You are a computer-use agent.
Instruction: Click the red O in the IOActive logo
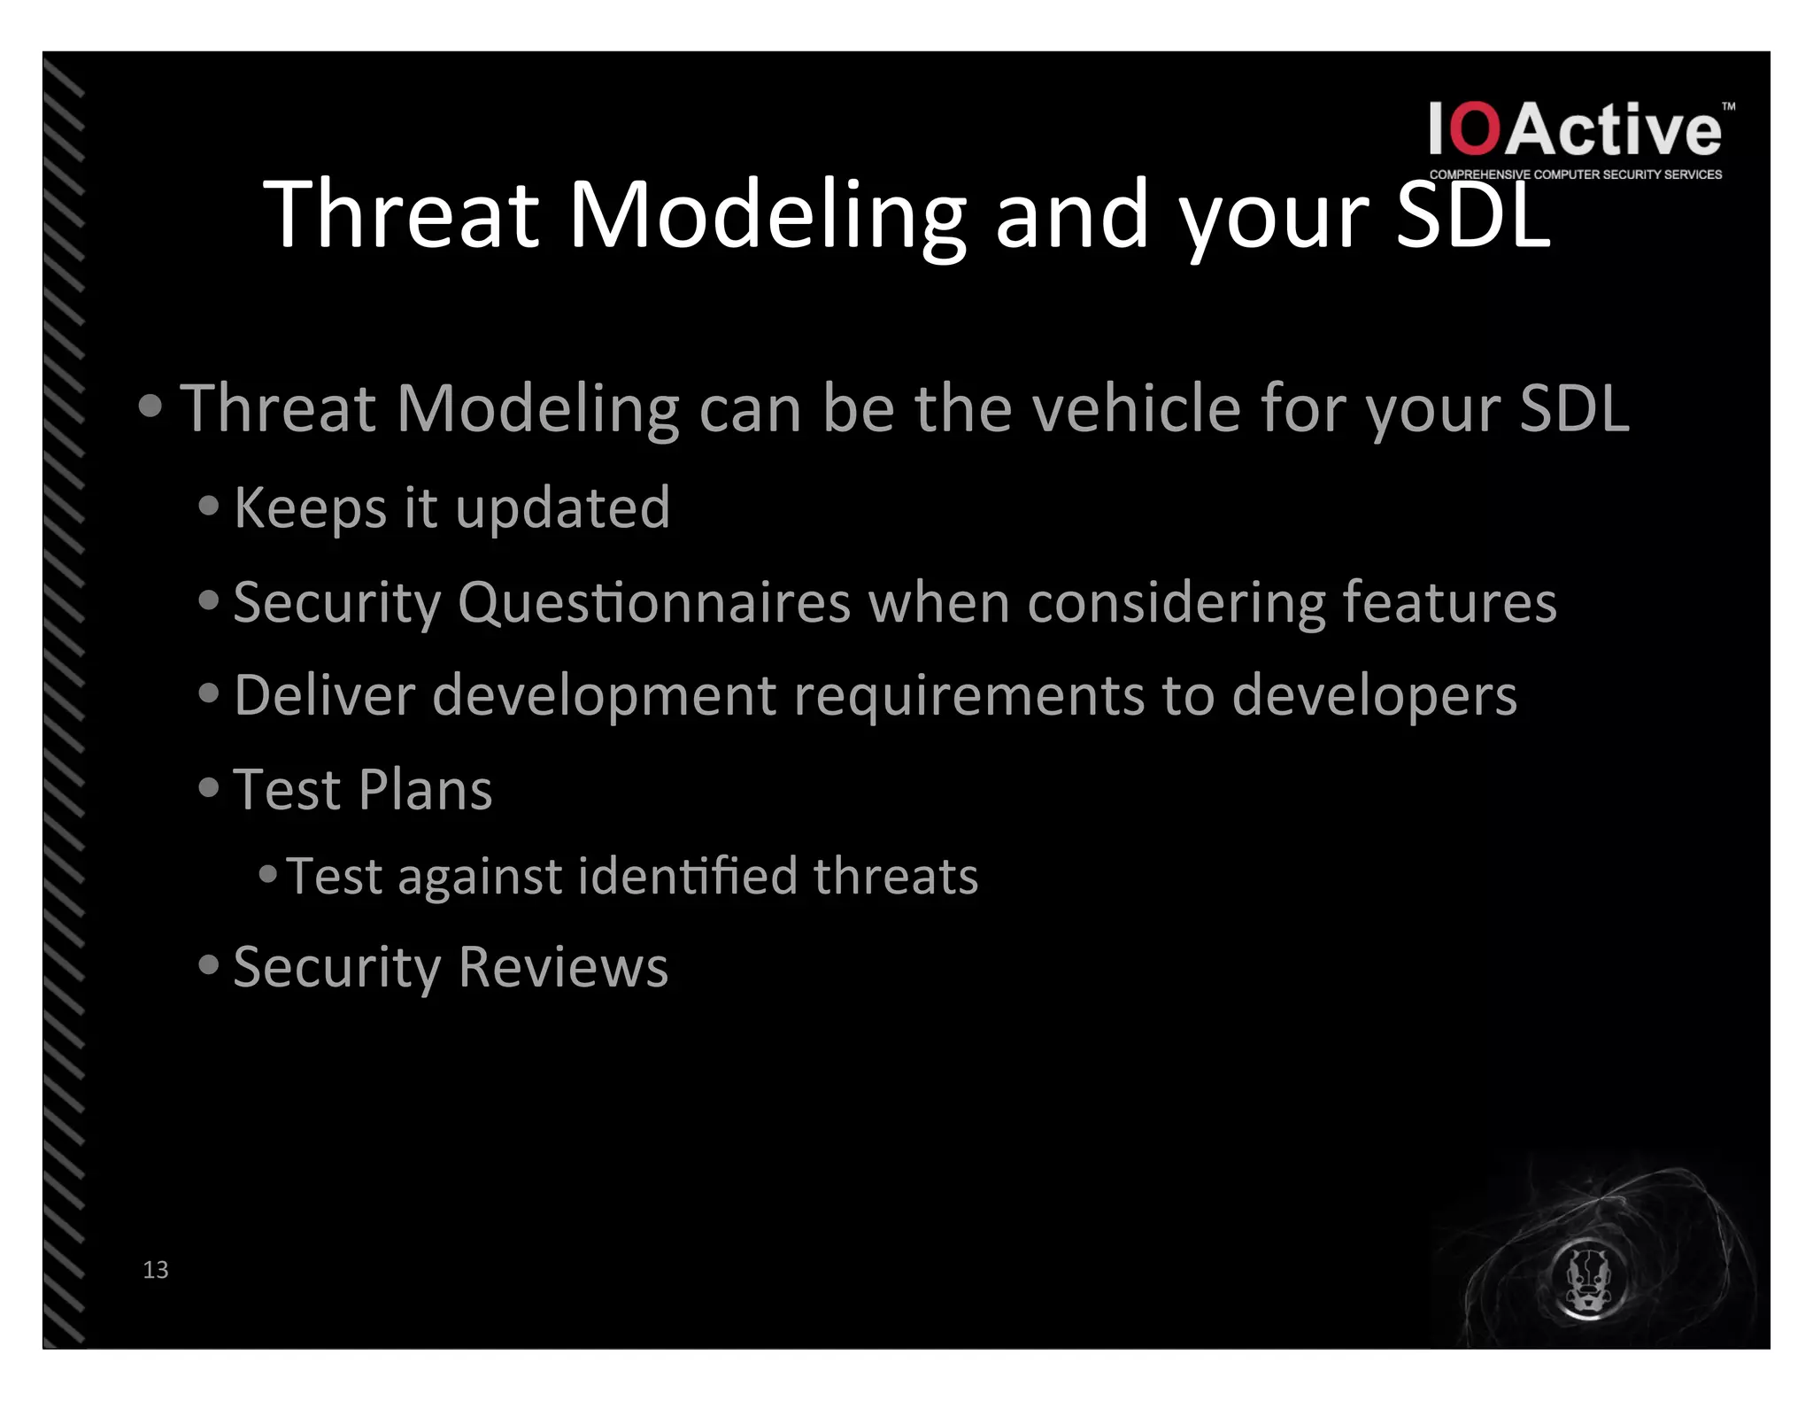1476,129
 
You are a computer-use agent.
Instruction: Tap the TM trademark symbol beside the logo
1728,106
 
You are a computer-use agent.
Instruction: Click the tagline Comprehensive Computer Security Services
1576,174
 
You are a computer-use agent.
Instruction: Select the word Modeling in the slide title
767,215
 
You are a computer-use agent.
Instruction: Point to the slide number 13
155,1270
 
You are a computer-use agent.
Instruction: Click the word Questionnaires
653,602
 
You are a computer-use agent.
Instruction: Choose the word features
1449,602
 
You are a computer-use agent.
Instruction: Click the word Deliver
324,695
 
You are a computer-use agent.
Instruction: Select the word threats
895,877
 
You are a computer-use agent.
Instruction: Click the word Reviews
563,967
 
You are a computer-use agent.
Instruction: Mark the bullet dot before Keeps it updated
209,506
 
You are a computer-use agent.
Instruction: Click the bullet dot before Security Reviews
209,964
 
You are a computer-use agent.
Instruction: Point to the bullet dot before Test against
268,875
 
